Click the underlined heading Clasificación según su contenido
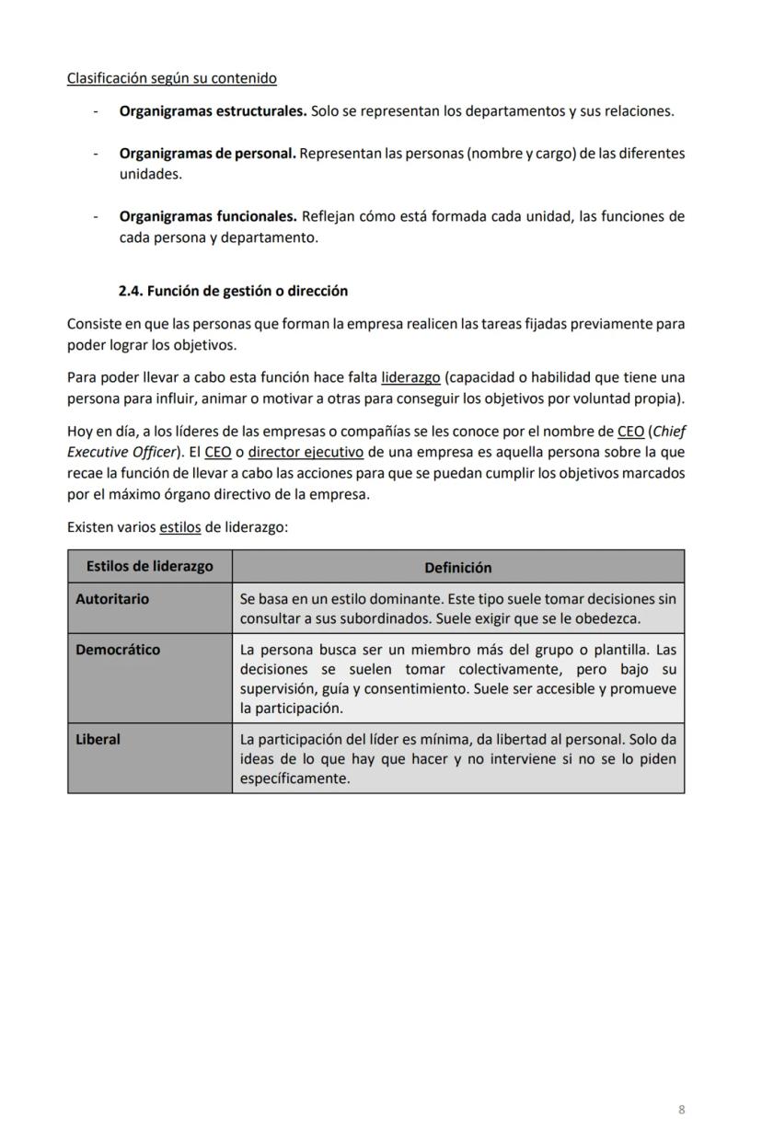(171, 78)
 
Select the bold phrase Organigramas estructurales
(213, 111)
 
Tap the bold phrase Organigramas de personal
(207, 153)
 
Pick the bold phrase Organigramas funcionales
(207, 216)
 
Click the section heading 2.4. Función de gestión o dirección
(233, 290)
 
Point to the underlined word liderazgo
(410, 377)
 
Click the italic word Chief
(670, 432)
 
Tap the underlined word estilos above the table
(179, 527)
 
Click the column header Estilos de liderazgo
(149, 566)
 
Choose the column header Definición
(457, 568)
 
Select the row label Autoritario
(111, 598)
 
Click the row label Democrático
(117, 649)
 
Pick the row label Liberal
(98, 738)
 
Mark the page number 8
(681, 1109)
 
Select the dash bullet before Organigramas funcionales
(96, 217)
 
